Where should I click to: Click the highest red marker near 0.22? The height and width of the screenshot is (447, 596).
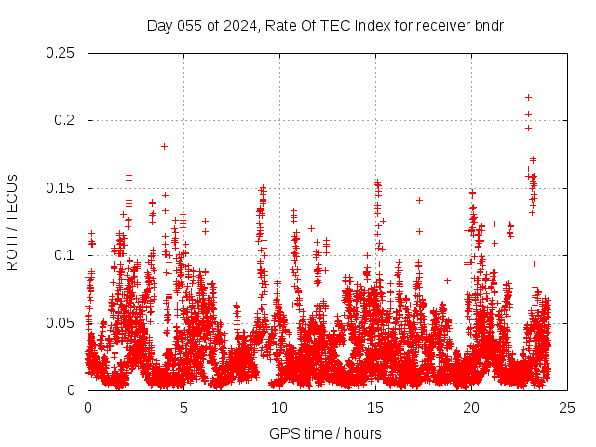tap(528, 97)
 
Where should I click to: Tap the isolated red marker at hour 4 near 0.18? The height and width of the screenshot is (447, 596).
tap(164, 146)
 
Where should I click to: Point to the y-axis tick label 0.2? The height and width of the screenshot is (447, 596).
tap(65, 121)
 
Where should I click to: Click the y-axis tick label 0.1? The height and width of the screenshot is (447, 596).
tap(65, 255)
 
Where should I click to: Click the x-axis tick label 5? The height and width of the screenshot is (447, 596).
tap(183, 408)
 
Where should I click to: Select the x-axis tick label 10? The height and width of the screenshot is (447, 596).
tap(279, 408)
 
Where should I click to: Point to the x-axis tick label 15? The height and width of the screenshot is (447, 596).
tap(375, 408)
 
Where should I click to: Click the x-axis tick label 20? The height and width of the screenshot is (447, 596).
tap(471, 408)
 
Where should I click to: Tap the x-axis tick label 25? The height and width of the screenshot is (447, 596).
tap(567, 408)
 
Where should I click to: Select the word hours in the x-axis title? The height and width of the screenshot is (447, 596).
tap(363, 433)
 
